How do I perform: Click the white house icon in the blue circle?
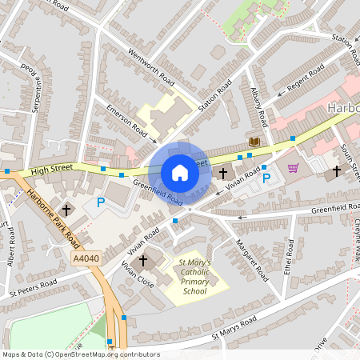tap(180, 172)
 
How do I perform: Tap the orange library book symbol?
tap(254, 142)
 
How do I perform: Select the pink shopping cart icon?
tap(293, 168)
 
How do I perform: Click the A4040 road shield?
tap(86, 258)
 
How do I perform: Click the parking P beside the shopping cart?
tap(266, 178)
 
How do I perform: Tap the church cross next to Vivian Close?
tap(144, 261)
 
